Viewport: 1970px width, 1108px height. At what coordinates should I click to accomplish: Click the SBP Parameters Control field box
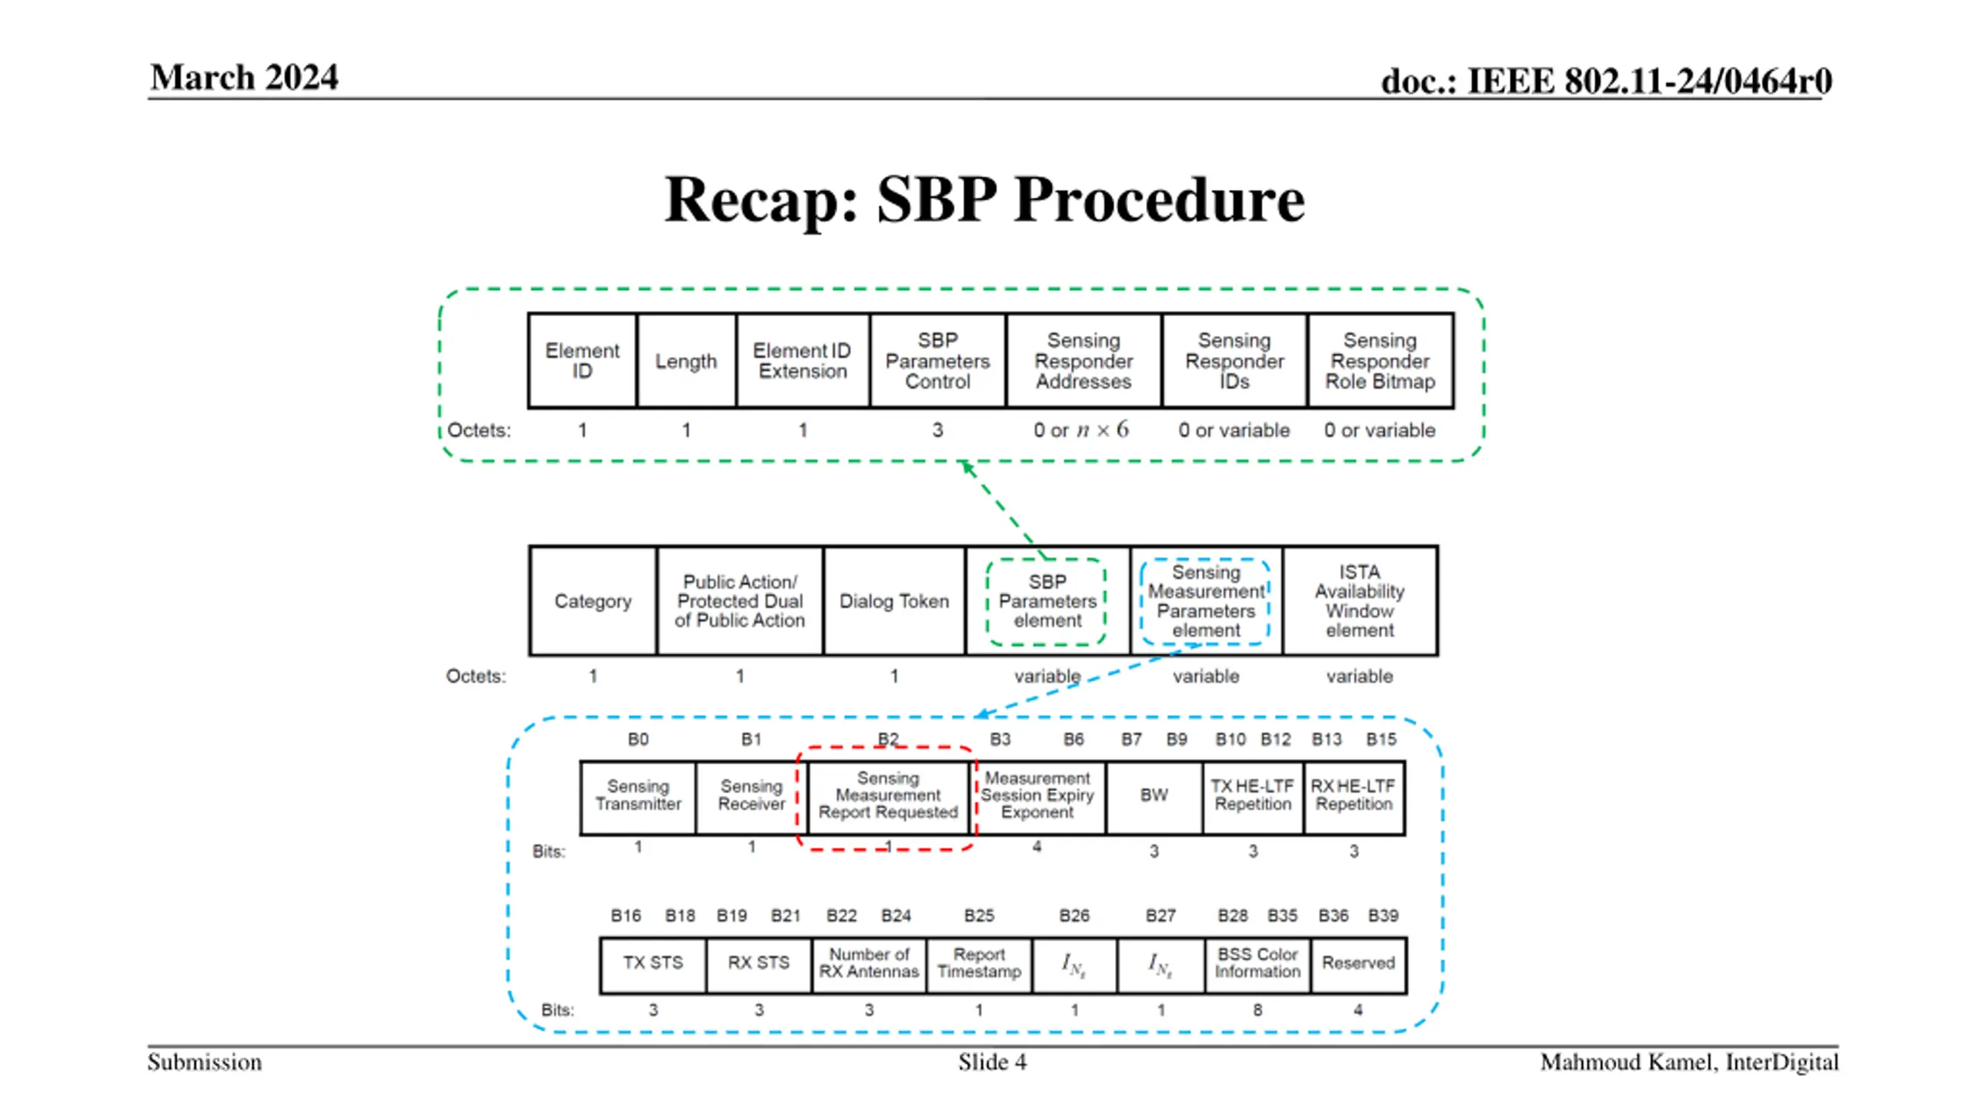937,360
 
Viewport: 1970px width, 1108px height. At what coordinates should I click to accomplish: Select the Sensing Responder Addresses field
1083,360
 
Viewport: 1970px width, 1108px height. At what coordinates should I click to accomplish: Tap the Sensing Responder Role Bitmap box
1381,360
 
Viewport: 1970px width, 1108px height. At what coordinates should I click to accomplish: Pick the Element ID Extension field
803,360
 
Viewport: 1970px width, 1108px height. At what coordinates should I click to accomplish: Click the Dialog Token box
894,601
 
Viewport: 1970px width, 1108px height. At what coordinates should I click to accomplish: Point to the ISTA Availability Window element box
1360,601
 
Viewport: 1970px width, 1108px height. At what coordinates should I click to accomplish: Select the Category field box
593,601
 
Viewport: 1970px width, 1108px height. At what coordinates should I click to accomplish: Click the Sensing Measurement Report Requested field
888,797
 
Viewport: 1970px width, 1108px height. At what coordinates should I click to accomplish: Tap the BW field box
1154,797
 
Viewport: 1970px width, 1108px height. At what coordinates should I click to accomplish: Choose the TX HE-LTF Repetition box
1253,797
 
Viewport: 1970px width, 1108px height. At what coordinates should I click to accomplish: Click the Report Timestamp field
979,965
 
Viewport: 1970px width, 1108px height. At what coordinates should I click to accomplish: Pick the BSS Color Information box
1257,965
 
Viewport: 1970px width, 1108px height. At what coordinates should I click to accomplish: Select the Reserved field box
1358,965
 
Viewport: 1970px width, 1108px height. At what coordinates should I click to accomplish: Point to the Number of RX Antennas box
869,965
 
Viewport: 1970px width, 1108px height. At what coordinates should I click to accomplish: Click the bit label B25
979,916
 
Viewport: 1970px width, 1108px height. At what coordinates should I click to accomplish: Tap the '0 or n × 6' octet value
1081,429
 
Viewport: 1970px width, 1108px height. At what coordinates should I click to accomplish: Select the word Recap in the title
762,199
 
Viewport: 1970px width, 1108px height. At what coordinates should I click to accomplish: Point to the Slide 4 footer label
992,1063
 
